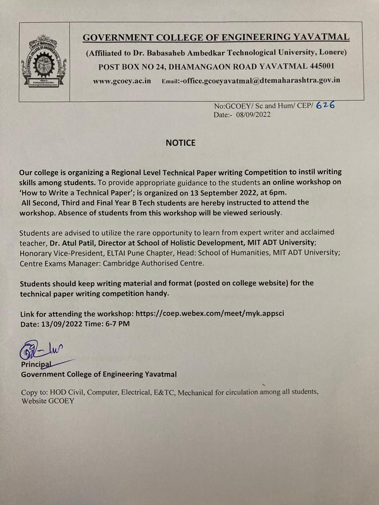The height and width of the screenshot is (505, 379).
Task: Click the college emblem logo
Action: pos(44,61)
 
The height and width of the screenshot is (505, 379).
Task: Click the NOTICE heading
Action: pos(180,143)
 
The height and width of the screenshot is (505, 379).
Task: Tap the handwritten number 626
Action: pos(325,105)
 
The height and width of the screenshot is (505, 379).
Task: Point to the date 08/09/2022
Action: pos(253,114)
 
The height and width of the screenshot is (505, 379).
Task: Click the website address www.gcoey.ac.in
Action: pos(122,81)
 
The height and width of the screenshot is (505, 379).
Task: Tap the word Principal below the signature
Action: pos(36,364)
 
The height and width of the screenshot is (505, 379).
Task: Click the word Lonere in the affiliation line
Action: pos(332,52)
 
